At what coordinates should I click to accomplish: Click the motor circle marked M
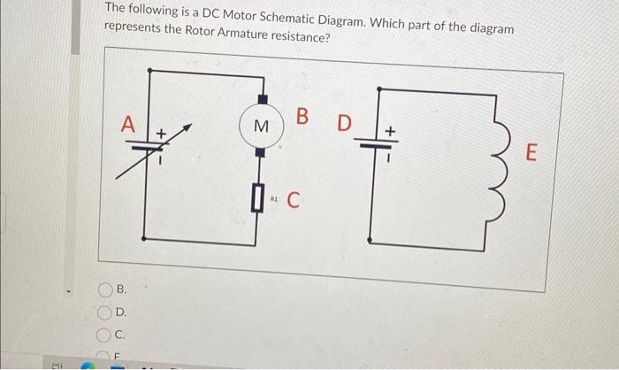[261, 127]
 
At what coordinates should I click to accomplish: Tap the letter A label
[128, 126]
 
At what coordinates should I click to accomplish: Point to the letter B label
[303, 116]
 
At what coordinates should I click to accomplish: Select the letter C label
[293, 198]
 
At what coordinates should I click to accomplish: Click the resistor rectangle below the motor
[259, 195]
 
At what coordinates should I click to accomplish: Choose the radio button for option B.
[104, 289]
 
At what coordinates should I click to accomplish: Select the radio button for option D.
[104, 312]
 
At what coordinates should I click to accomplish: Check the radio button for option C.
[104, 334]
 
